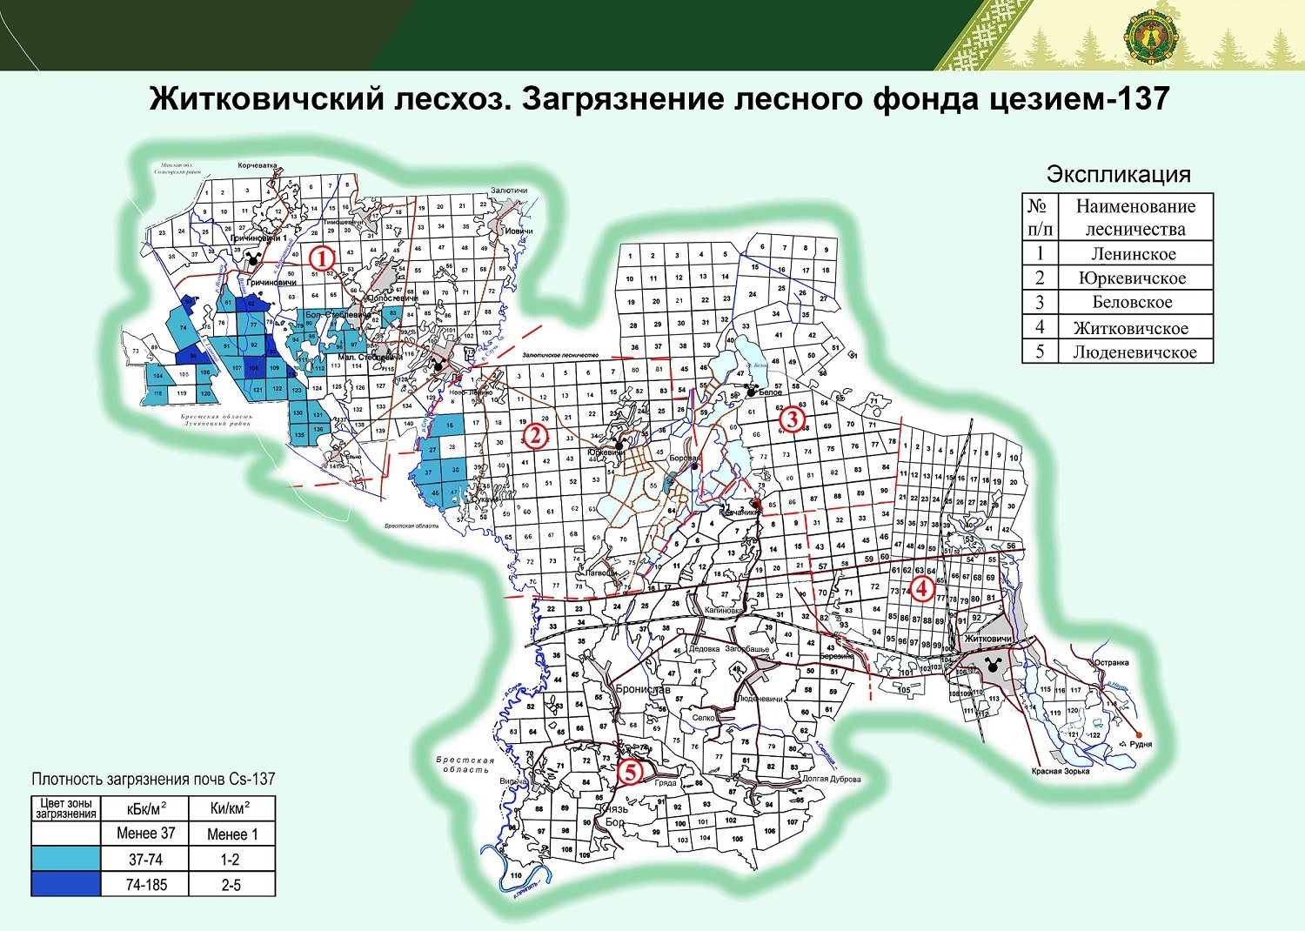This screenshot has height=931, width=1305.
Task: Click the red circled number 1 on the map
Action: coord(322,258)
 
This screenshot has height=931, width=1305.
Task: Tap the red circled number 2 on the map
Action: coord(535,435)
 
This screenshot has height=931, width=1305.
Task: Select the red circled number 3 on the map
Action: coord(791,420)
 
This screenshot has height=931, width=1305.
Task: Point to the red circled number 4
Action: coord(921,589)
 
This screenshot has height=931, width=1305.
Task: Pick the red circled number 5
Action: coord(630,772)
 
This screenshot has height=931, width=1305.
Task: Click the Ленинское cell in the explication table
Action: coord(1134,254)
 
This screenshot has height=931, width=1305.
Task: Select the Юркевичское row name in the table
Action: coord(1132,278)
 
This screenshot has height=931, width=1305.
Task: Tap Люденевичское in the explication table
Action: coord(1134,352)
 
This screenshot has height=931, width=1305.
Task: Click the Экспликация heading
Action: coord(1118,174)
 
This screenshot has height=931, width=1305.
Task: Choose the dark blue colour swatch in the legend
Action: coord(65,885)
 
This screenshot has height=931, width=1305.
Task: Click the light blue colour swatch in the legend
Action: coord(65,859)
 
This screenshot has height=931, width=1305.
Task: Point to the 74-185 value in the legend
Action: coord(145,885)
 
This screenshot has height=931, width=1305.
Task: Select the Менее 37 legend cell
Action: coord(145,834)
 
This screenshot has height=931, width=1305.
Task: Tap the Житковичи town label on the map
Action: coord(987,640)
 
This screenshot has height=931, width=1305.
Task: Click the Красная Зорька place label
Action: coord(1061,772)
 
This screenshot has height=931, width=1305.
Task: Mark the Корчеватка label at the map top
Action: coord(258,165)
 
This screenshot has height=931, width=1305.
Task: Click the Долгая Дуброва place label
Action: coord(831,779)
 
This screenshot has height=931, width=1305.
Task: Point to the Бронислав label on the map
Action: coord(642,689)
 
